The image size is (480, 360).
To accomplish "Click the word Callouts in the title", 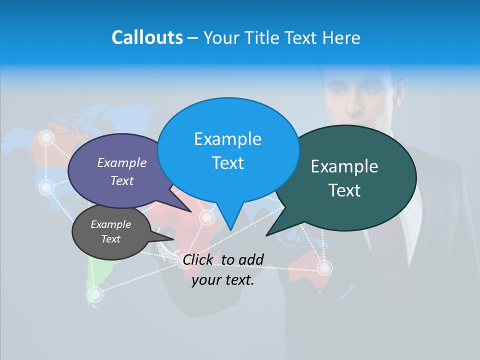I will tap(147, 37).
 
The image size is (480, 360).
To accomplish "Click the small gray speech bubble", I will tap(110, 231).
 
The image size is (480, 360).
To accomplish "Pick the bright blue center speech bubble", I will tap(227, 150).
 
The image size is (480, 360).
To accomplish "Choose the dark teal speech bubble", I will tap(350, 177).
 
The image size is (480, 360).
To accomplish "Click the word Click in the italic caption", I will tap(197, 259).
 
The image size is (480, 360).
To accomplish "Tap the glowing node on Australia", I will tap(324, 268).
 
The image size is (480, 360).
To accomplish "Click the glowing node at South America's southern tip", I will tap(95, 294).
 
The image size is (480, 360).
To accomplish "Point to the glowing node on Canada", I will tap(46, 137).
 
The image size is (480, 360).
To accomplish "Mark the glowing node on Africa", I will tap(206, 217).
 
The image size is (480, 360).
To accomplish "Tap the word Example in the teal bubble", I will tap(344, 166).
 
